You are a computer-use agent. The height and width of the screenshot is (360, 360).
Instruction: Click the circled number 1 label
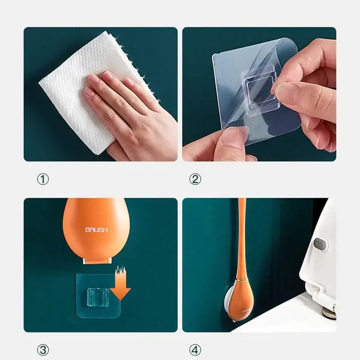coord(43,179)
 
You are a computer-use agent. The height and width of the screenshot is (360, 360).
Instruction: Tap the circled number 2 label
coord(195,179)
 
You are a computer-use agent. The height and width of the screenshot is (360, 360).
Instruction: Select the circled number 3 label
coord(43,349)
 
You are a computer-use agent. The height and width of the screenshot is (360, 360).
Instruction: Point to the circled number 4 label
coord(195,349)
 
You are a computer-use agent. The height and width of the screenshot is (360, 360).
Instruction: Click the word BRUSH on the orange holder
coord(96,230)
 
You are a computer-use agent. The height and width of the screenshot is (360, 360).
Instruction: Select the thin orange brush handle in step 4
coord(242,232)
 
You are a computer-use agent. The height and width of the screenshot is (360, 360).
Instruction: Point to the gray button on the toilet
coord(319,243)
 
